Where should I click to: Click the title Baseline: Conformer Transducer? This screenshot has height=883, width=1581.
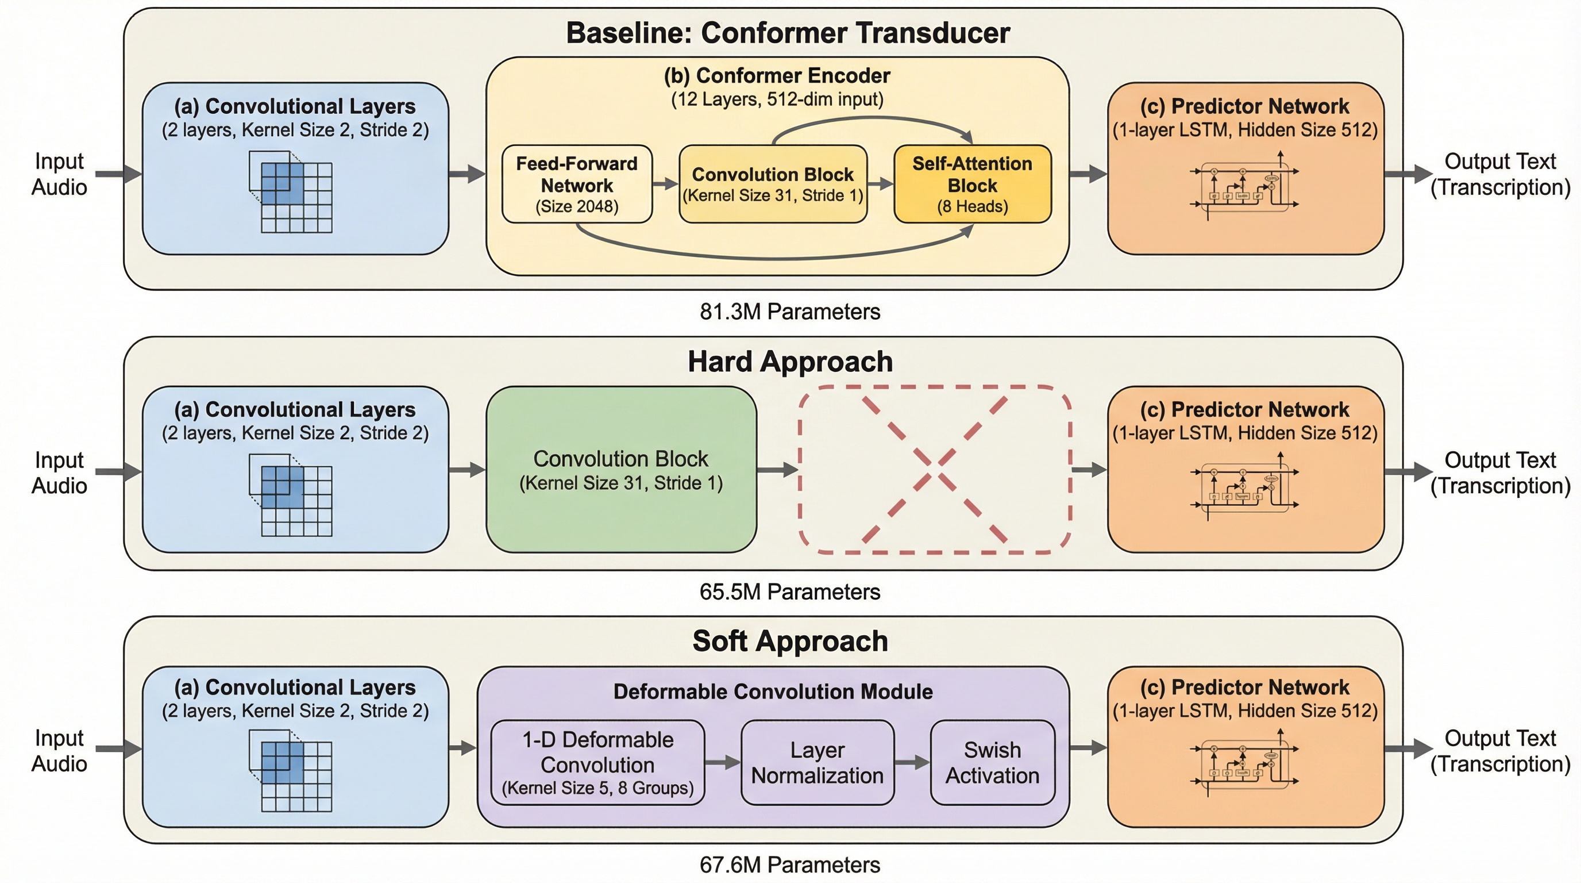[788, 33]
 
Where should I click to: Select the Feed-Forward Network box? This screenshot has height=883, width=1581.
[577, 184]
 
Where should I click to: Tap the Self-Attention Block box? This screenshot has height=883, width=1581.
[972, 184]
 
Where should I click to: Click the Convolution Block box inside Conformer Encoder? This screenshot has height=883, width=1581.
[773, 184]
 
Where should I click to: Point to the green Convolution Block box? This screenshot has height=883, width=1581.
[621, 470]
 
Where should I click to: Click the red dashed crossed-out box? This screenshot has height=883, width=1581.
[934, 470]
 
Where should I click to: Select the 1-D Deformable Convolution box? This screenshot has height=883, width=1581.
[598, 763]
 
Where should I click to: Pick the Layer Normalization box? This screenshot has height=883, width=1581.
[818, 763]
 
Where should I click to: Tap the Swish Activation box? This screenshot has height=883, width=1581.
[992, 763]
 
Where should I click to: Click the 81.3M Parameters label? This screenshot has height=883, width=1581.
[790, 312]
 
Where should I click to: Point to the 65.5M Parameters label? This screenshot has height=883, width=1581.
[790, 592]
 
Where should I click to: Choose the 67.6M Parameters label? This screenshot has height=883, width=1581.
[790, 865]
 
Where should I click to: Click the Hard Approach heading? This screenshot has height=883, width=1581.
[790, 362]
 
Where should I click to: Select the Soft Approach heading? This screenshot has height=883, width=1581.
[790, 642]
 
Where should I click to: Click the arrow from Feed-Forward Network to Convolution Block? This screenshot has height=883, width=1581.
[665, 183]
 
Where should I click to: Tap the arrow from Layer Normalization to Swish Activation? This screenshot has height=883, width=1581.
[912, 763]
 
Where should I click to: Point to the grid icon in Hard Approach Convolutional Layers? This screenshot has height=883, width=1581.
[291, 495]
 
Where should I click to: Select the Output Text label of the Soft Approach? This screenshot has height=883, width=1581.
[1500, 751]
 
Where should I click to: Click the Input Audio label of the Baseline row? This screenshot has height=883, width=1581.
[60, 174]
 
